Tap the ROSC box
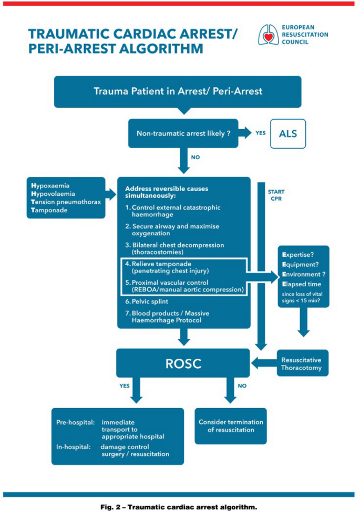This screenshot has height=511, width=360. coord(182,363)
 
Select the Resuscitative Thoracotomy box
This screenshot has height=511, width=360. coord(301,363)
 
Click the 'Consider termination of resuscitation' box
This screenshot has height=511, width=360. coord(231,426)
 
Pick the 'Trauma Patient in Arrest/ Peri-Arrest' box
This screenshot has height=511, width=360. coord(178,91)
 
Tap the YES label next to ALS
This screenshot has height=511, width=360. coord(261,133)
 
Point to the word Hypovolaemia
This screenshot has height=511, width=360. coord(54,194)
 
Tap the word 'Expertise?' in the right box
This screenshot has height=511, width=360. coord(298,255)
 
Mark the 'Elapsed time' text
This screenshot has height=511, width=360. coord(302,283)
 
